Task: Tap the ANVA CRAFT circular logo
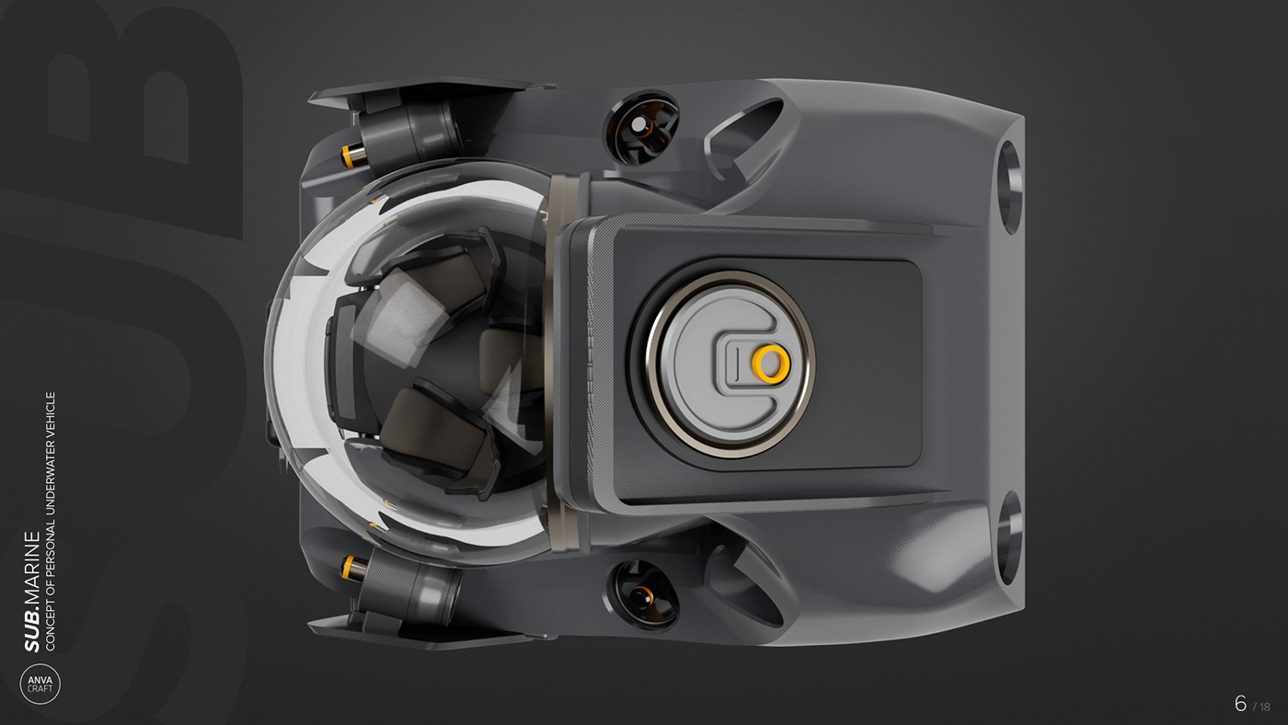40,684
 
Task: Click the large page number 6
1241,703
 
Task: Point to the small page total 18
1265,707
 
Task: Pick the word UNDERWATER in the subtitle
51,478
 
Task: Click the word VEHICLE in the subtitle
51,415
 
